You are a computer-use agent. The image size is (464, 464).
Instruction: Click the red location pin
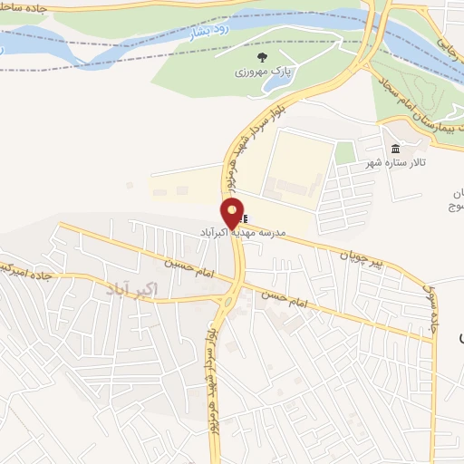coord(233,214)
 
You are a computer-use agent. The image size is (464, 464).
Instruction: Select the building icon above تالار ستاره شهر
coord(394,149)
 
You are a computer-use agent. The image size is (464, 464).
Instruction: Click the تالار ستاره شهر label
coord(395,162)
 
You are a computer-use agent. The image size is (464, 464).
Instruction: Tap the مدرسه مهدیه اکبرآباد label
coord(243,233)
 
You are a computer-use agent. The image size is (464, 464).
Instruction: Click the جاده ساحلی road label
coord(17,7)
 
